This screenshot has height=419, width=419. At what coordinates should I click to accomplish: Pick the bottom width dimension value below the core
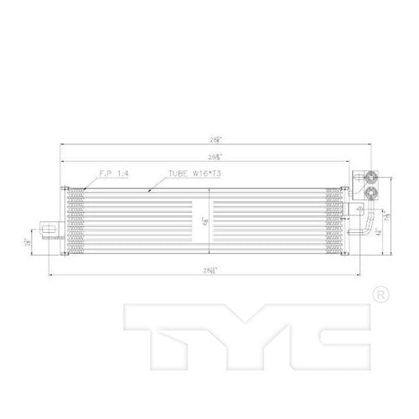[x=208, y=270]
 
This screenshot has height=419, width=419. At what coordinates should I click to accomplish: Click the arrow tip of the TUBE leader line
[x=148, y=192]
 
